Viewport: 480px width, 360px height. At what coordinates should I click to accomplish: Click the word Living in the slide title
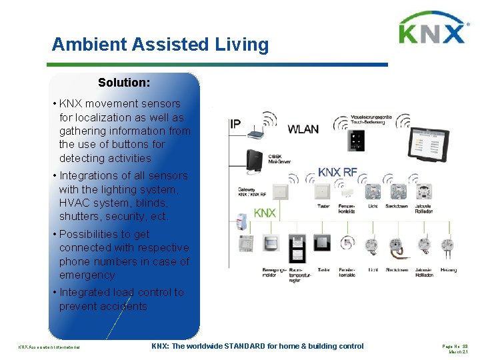point(241,45)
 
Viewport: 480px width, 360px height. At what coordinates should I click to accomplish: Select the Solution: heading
point(124,83)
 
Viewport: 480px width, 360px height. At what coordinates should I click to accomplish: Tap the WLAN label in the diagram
point(303,129)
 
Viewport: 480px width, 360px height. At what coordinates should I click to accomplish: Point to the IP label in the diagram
point(235,124)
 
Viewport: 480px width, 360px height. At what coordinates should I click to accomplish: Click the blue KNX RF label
point(337,172)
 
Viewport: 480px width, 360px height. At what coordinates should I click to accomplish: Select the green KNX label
point(265,213)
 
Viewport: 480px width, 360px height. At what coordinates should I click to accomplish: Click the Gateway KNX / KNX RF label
point(252,192)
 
